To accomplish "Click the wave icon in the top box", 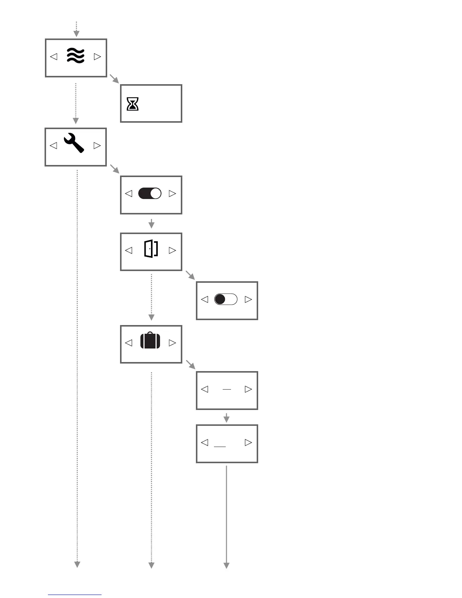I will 75,56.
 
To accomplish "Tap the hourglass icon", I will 132,104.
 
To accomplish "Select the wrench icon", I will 74,143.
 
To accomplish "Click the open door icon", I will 151,249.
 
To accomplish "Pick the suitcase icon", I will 150,341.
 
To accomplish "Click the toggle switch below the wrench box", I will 150,193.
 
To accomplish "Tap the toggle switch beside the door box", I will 226,299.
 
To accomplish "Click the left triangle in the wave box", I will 54,57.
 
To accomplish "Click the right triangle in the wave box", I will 97,57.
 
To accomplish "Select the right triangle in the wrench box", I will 97,145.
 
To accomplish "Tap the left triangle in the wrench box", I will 53,145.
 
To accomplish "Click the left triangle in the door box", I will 128,250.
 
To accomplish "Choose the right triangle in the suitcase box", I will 172,343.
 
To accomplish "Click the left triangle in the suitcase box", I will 128,343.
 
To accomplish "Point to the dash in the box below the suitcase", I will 226,389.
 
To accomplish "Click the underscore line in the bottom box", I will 220,447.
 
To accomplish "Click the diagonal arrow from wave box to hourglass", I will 114,79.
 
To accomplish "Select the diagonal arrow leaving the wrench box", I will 114,168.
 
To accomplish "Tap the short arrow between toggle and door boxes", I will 151,223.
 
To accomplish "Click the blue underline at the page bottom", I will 74,595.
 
